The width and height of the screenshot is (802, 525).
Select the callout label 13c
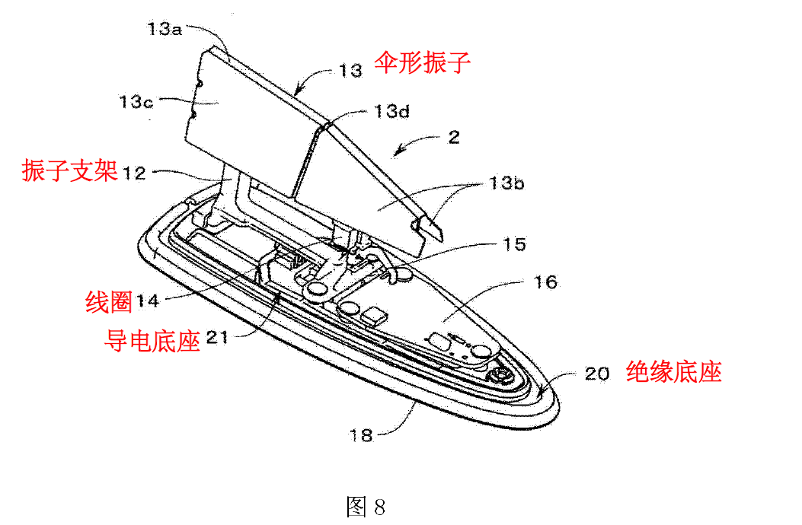[136, 101]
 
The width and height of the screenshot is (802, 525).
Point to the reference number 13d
[391, 112]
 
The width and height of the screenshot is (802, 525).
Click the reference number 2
[454, 137]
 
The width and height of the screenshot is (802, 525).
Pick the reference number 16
[546, 282]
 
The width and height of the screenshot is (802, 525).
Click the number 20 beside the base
[597, 373]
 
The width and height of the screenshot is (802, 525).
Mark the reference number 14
[148, 301]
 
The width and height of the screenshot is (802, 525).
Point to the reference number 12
[133, 173]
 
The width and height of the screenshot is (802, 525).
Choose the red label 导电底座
[152, 340]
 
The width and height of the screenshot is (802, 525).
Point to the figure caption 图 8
[366, 506]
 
